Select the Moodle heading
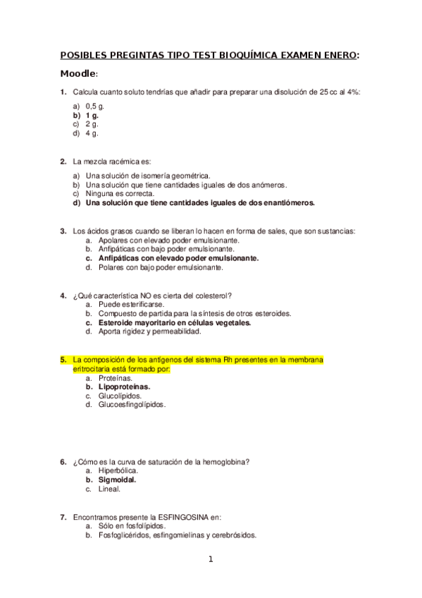click(x=78, y=74)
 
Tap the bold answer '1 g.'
click(x=92, y=114)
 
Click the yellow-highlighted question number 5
click(x=63, y=359)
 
